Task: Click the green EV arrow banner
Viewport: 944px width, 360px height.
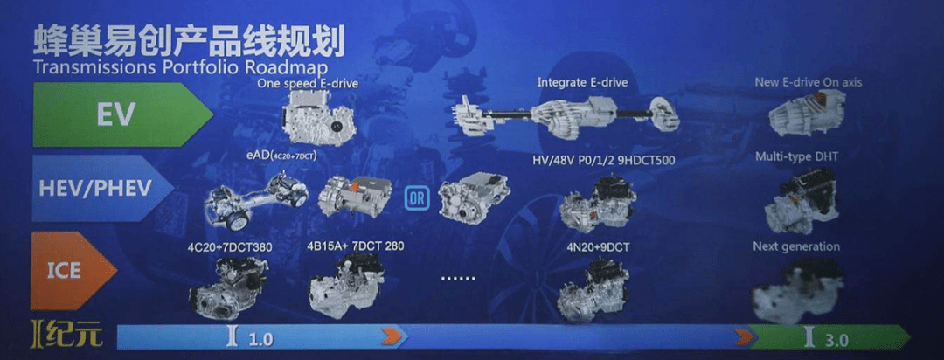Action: (x=118, y=114)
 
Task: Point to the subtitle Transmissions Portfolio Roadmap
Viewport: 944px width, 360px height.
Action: (x=178, y=66)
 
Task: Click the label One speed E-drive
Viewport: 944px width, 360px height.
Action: (x=309, y=84)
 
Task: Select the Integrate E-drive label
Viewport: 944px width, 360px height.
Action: (x=582, y=83)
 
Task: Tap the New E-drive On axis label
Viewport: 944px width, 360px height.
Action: (x=808, y=82)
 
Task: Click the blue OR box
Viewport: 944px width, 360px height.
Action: (x=416, y=197)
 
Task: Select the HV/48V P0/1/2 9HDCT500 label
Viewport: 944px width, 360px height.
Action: (x=603, y=161)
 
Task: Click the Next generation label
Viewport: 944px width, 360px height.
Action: (x=795, y=246)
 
